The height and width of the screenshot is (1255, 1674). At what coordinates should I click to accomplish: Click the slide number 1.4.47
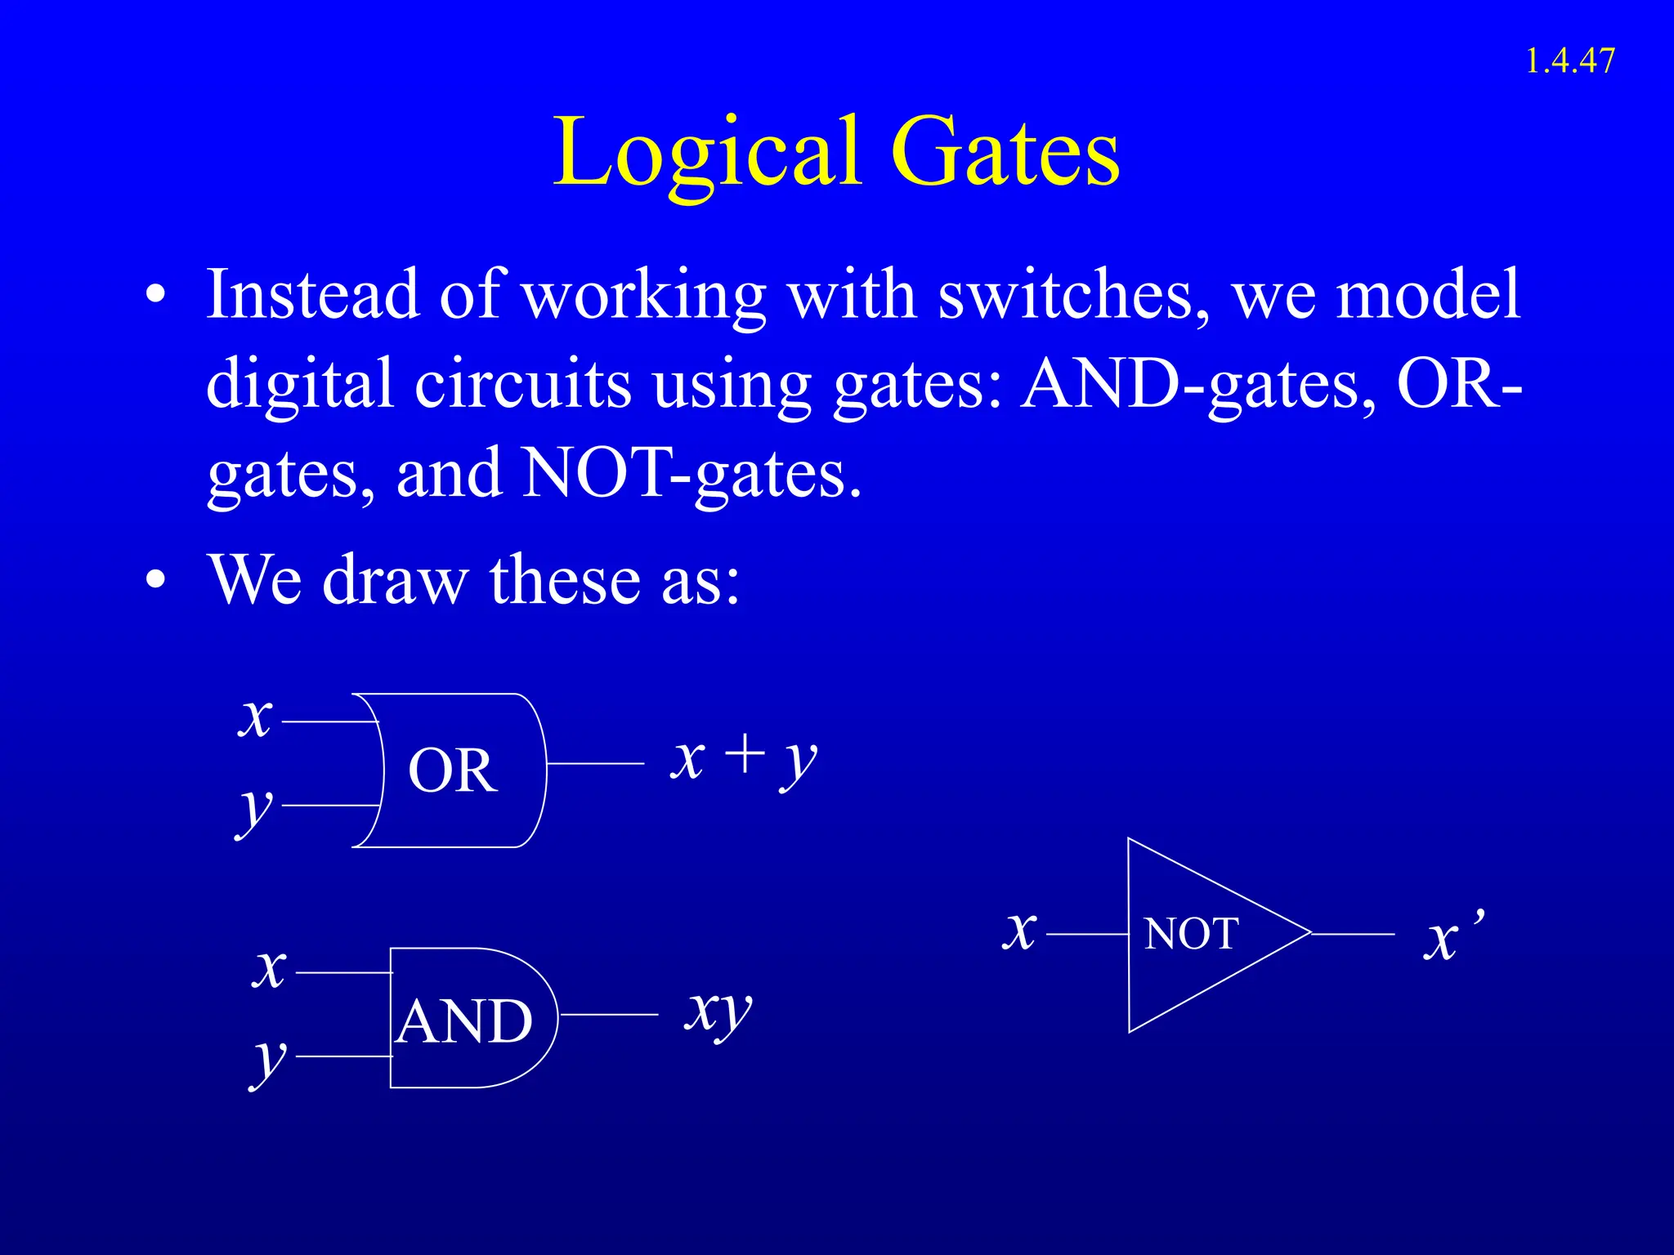(x=1569, y=61)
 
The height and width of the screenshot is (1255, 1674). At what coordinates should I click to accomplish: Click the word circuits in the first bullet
(x=523, y=384)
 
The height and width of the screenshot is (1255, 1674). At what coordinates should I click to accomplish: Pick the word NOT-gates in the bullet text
(x=692, y=474)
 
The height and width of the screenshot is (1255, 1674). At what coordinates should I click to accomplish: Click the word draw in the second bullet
(x=396, y=580)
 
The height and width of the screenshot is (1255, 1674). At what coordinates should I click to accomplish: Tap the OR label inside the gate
(x=452, y=770)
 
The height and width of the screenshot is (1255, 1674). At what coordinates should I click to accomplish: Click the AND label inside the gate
(x=464, y=1021)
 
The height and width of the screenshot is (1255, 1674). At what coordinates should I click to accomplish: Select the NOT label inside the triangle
(x=1191, y=934)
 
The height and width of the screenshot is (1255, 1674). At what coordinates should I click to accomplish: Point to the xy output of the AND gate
(x=718, y=1013)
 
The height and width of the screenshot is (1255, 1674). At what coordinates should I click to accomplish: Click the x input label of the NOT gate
(x=1019, y=931)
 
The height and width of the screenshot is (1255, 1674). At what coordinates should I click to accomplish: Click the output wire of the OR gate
(x=595, y=763)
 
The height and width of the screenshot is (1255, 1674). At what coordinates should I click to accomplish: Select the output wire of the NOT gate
(x=1353, y=933)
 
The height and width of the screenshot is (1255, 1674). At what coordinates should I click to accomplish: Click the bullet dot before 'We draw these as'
(x=155, y=582)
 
